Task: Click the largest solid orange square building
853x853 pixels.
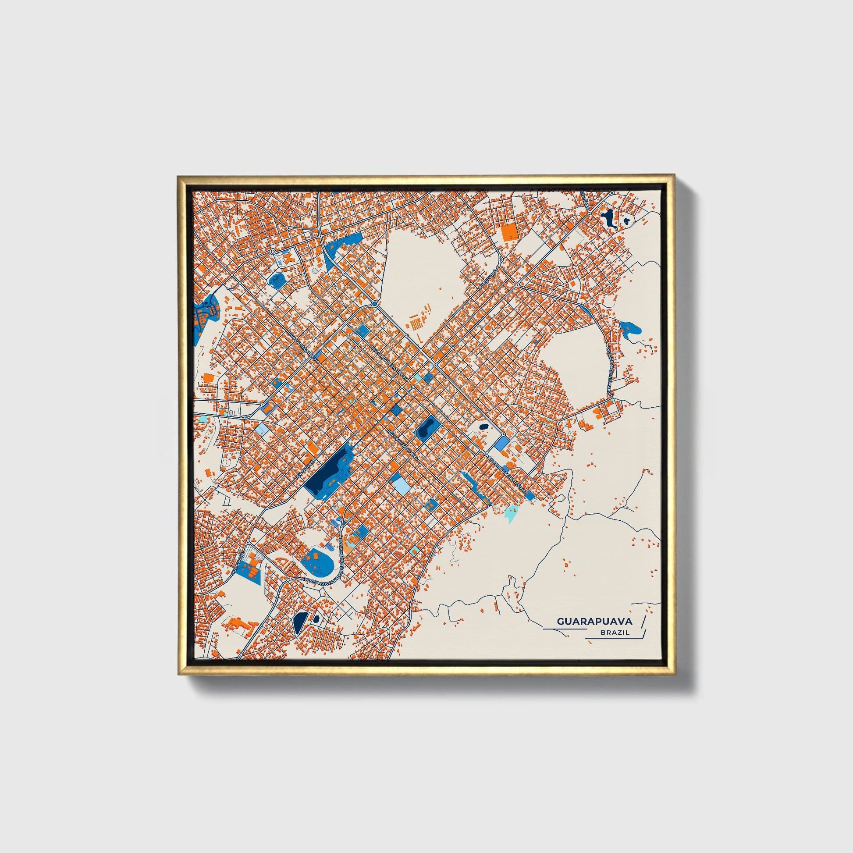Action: [x=509, y=231]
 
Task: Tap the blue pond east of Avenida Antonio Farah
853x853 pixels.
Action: [x=629, y=328]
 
